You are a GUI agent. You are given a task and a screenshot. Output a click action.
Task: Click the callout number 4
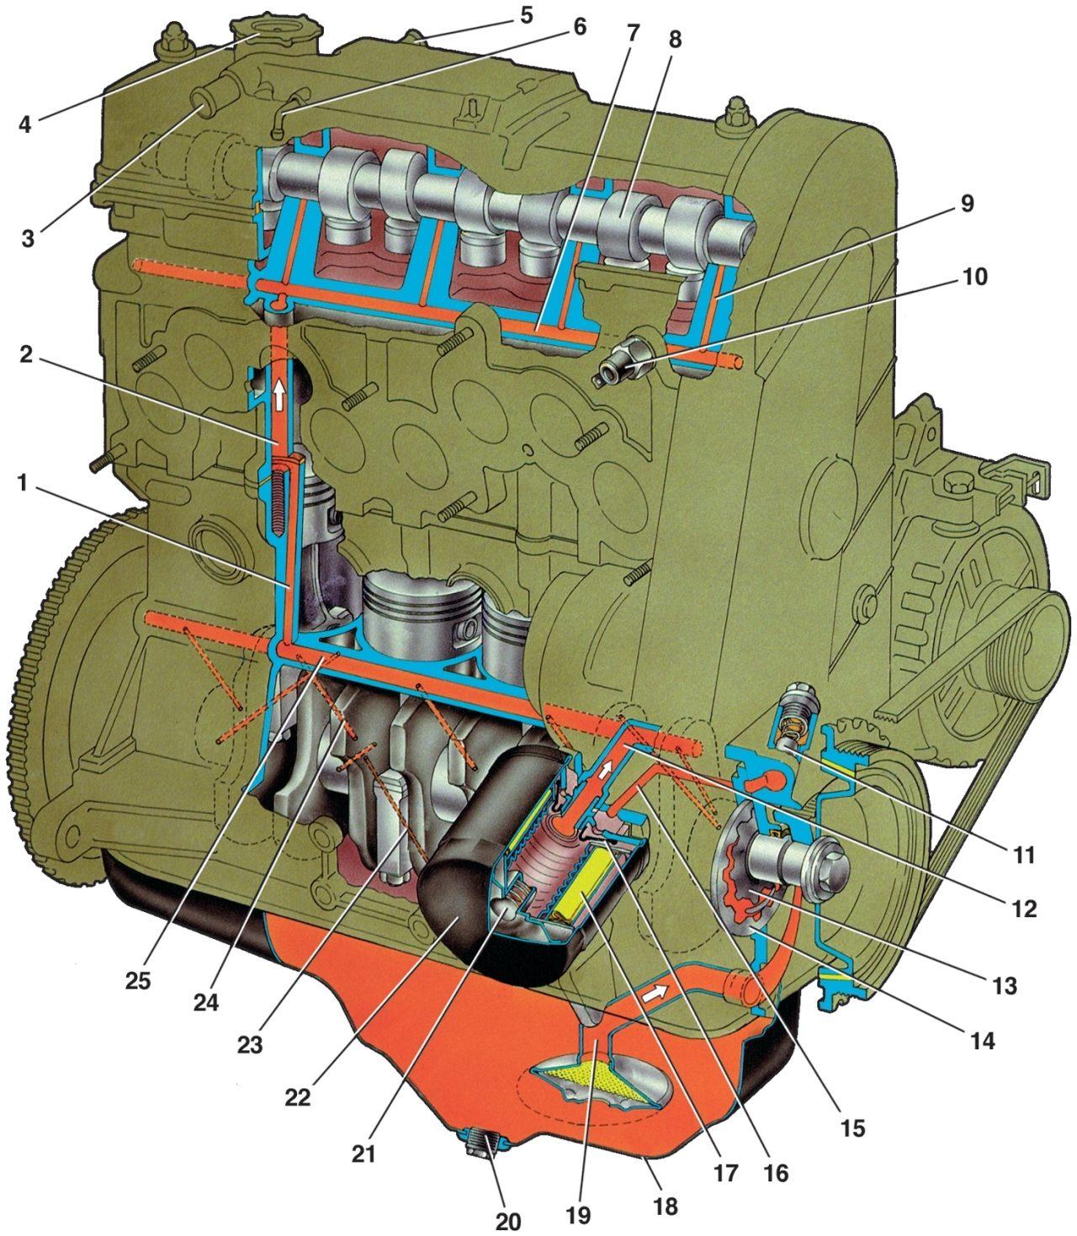[x=24, y=125]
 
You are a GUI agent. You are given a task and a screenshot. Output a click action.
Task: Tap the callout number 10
[x=974, y=276]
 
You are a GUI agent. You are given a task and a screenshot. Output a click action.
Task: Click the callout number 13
[x=1005, y=986]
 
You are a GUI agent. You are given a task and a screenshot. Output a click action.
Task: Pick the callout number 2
[x=25, y=354]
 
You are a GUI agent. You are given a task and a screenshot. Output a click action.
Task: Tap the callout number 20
[x=507, y=1222]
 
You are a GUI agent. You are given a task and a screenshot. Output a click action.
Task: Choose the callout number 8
[x=675, y=40]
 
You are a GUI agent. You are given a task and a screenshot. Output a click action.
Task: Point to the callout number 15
[x=852, y=1127]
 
